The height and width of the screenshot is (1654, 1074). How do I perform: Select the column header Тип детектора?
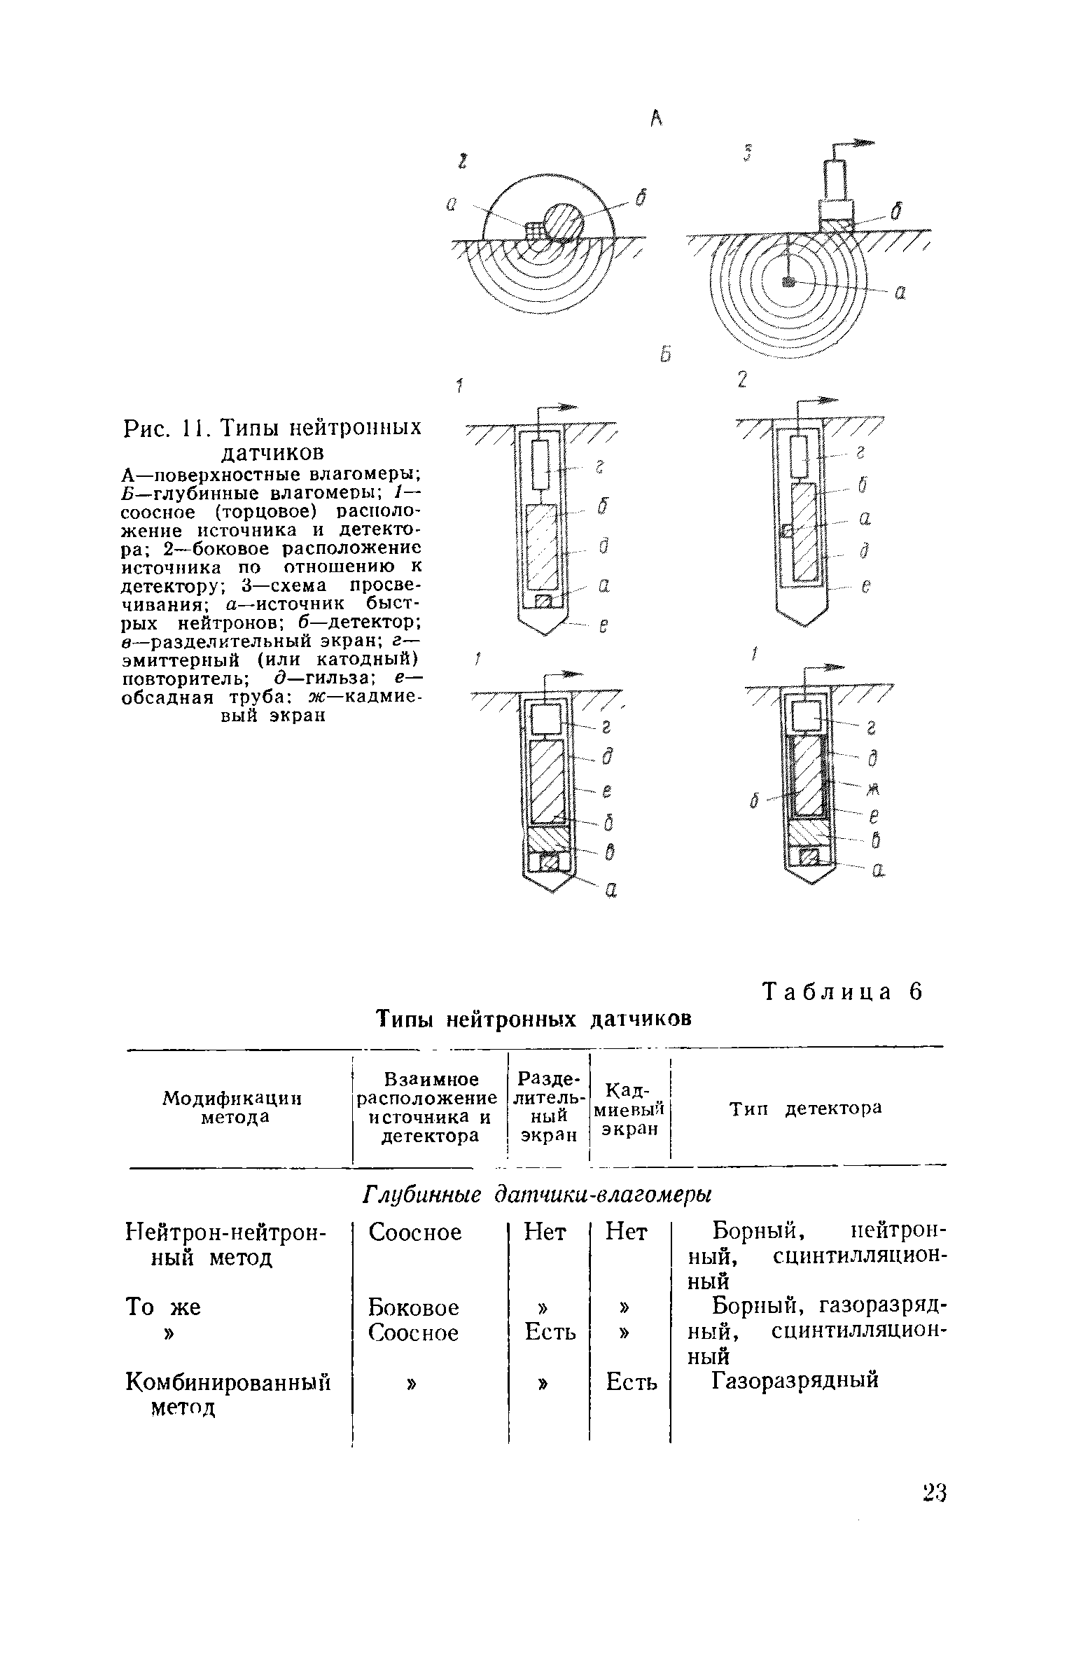[806, 1109]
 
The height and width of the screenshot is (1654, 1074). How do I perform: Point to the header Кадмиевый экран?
[630, 1109]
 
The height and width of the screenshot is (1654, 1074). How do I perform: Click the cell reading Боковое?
[414, 1307]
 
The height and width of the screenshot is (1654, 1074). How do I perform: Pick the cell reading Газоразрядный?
[795, 1380]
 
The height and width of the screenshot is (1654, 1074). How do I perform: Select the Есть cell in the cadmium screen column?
[632, 1382]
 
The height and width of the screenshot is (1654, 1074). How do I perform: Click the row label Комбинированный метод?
[228, 1394]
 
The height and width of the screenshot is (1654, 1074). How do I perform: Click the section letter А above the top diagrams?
[655, 120]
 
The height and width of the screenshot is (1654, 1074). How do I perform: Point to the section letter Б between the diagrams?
[664, 356]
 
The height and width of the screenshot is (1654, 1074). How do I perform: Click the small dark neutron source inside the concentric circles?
[790, 282]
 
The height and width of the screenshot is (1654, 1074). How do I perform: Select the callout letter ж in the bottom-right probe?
[872, 790]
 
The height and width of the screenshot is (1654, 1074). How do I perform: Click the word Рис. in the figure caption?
[146, 428]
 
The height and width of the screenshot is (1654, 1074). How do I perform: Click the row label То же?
[162, 1307]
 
